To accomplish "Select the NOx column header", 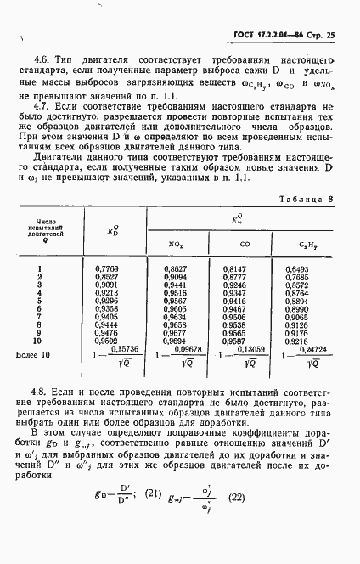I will (x=176, y=245).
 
